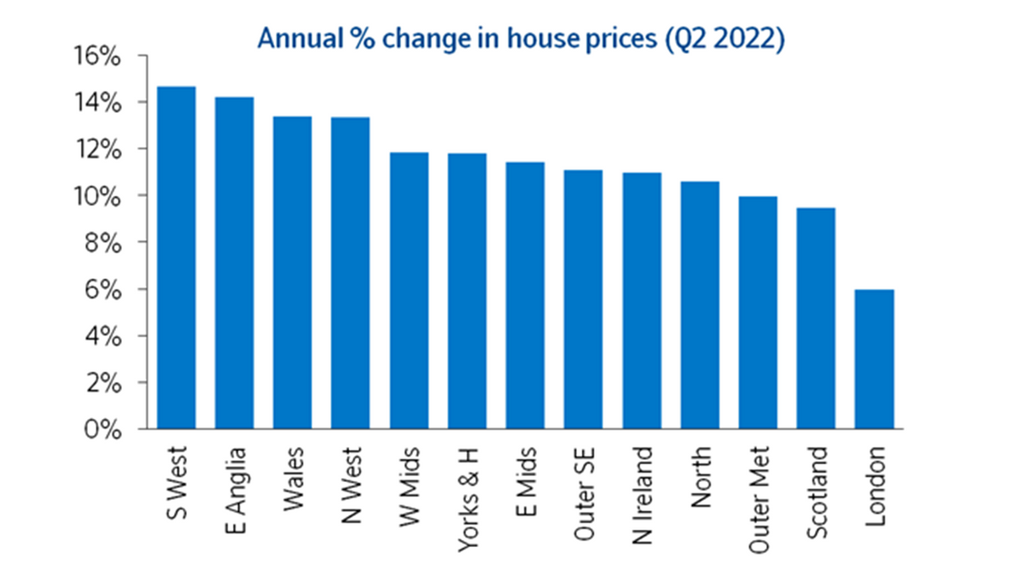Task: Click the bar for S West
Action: tap(176, 258)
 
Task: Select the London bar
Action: tap(874, 359)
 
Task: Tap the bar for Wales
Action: tap(292, 272)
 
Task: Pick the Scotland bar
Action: tap(816, 318)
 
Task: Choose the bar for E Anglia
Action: tap(234, 263)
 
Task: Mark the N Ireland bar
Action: tap(642, 300)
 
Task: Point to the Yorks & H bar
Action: tap(467, 291)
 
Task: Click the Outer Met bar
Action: tap(758, 312)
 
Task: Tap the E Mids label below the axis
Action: tap(525, 474)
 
